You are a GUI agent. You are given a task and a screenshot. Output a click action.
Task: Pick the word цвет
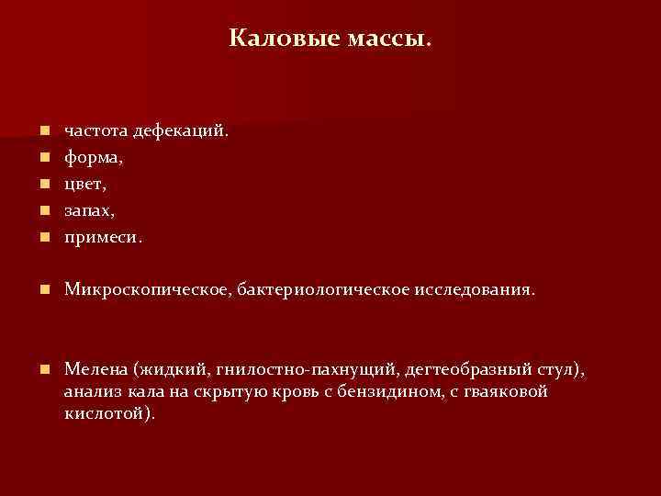click(x=84, y=185)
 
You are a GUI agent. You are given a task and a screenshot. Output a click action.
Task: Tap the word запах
click(x=89, y=211)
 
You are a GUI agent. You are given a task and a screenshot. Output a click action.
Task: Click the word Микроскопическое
click(x=147, y=290)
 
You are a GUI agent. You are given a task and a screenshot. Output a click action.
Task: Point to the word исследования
click(x=468, y=290)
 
